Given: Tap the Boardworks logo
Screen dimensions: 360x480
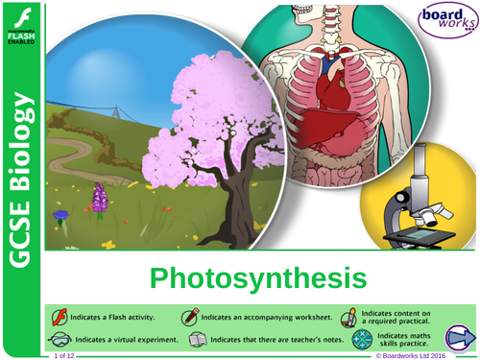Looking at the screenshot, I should (446, 24).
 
